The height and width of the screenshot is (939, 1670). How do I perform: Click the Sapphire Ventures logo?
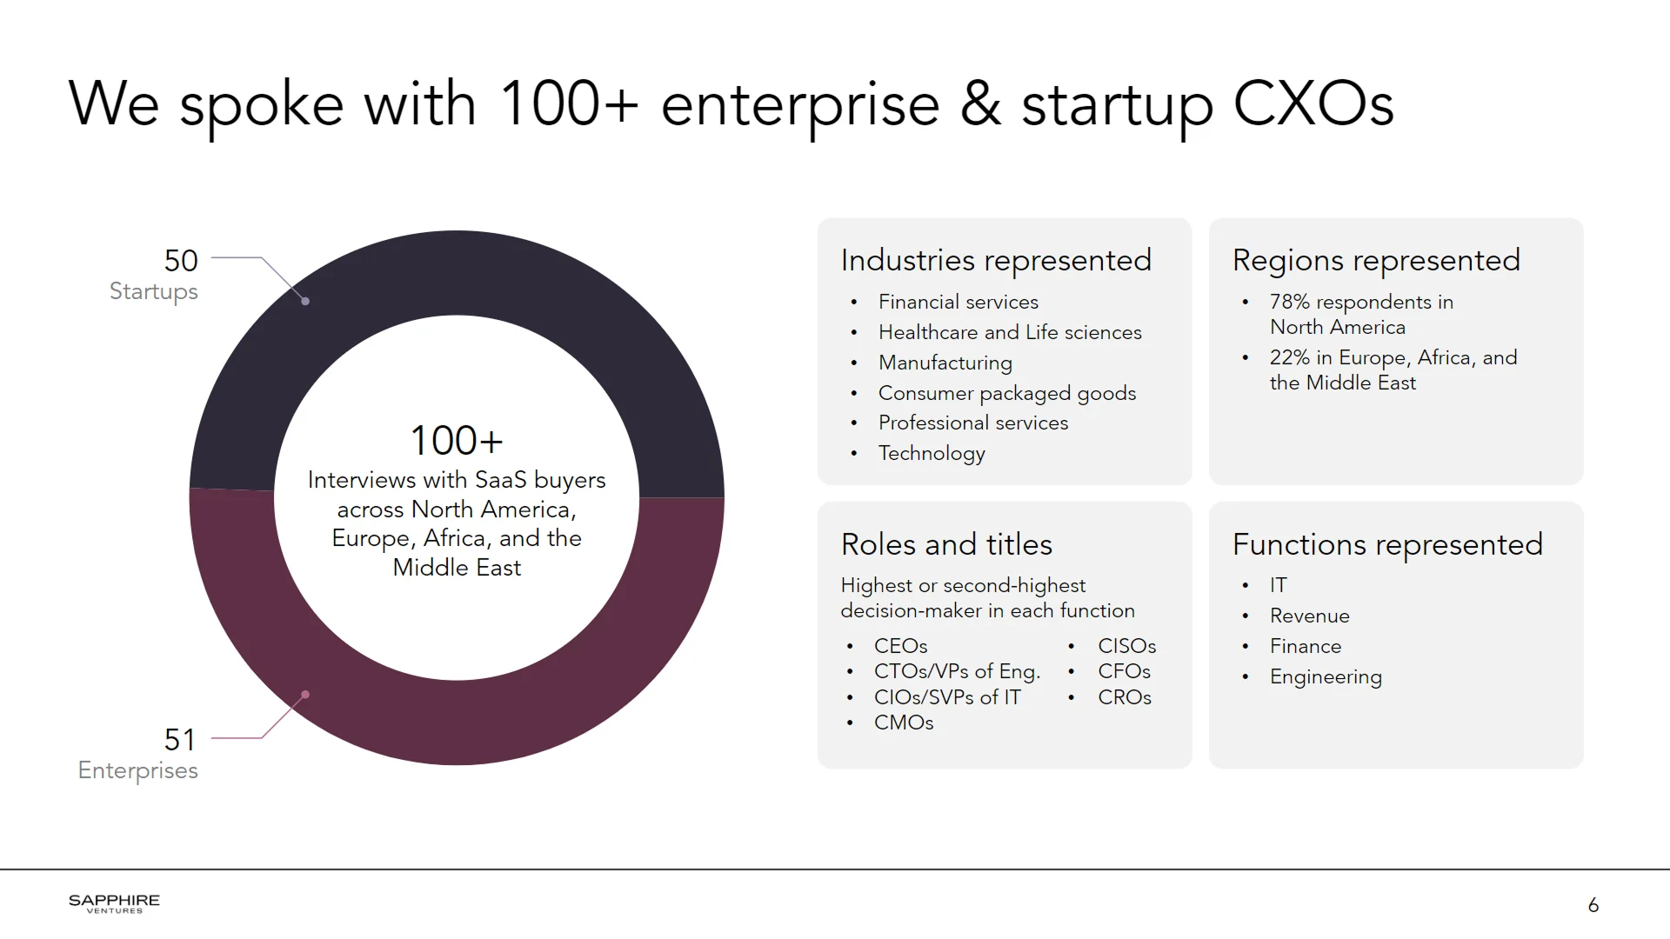(x=114, y=903)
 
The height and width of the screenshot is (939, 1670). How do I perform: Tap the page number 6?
(x=1593, y=905)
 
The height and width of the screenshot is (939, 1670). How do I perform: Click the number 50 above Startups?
(x=181, y=261)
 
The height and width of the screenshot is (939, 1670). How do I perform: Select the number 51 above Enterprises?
(x=180, y=740)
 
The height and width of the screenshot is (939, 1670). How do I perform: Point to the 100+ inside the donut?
(x=457, y=441)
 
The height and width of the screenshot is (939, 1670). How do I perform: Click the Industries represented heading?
(x=996, y=260)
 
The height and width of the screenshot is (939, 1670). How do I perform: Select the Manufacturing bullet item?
(x=945, y=363)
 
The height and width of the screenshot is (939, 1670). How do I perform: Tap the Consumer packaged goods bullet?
(x=1006, y=393)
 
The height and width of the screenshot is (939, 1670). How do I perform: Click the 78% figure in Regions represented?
(x=1289, y=302)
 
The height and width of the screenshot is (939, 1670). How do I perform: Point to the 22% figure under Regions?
(x=1289, y=357)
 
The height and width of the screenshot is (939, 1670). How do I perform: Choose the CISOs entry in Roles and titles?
(x=1126, y=646)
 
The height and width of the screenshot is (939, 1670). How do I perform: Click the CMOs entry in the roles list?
(x=903, y=723)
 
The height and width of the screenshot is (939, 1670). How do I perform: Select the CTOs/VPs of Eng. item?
(x=957, y=671)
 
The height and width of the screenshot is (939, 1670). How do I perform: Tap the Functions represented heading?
(x=1387, y=544)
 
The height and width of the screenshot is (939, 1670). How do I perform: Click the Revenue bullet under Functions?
(x=1309, y=616)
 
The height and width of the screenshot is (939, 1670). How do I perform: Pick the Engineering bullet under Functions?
(x=1325, y=676)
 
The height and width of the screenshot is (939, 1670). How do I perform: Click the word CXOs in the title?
(x=1313, y=104)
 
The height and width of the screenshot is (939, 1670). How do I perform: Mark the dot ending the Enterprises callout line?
(x=305, y=695)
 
